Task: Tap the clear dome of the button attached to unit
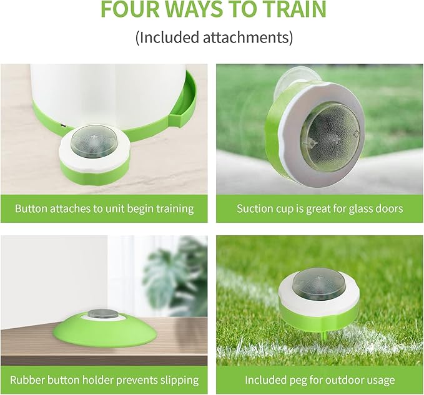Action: click(92, 139)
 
